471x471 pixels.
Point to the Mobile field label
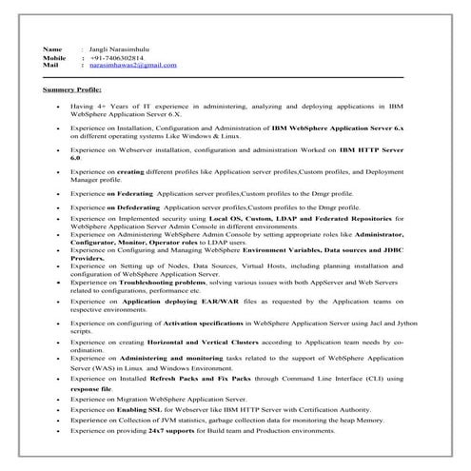click(54, 56)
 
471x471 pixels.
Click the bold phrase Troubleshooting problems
click(190, 284)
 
